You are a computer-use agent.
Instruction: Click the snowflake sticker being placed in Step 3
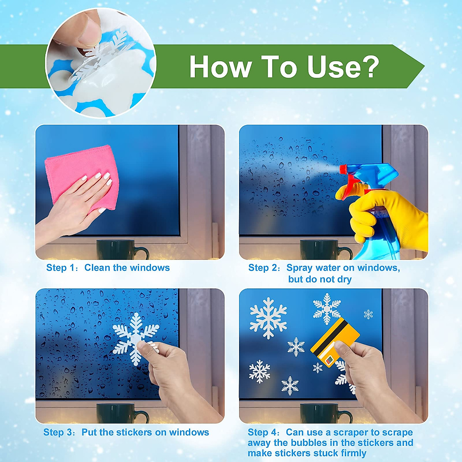point(135,335)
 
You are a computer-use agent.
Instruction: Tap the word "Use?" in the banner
point(343,67)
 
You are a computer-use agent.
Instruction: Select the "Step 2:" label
point(264,268)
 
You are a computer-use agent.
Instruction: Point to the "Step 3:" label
point(60,432)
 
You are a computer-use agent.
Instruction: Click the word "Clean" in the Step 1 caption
point(97,268)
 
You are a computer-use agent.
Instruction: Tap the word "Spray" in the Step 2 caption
point(300,268)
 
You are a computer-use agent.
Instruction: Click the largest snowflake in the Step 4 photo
point(268,318)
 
